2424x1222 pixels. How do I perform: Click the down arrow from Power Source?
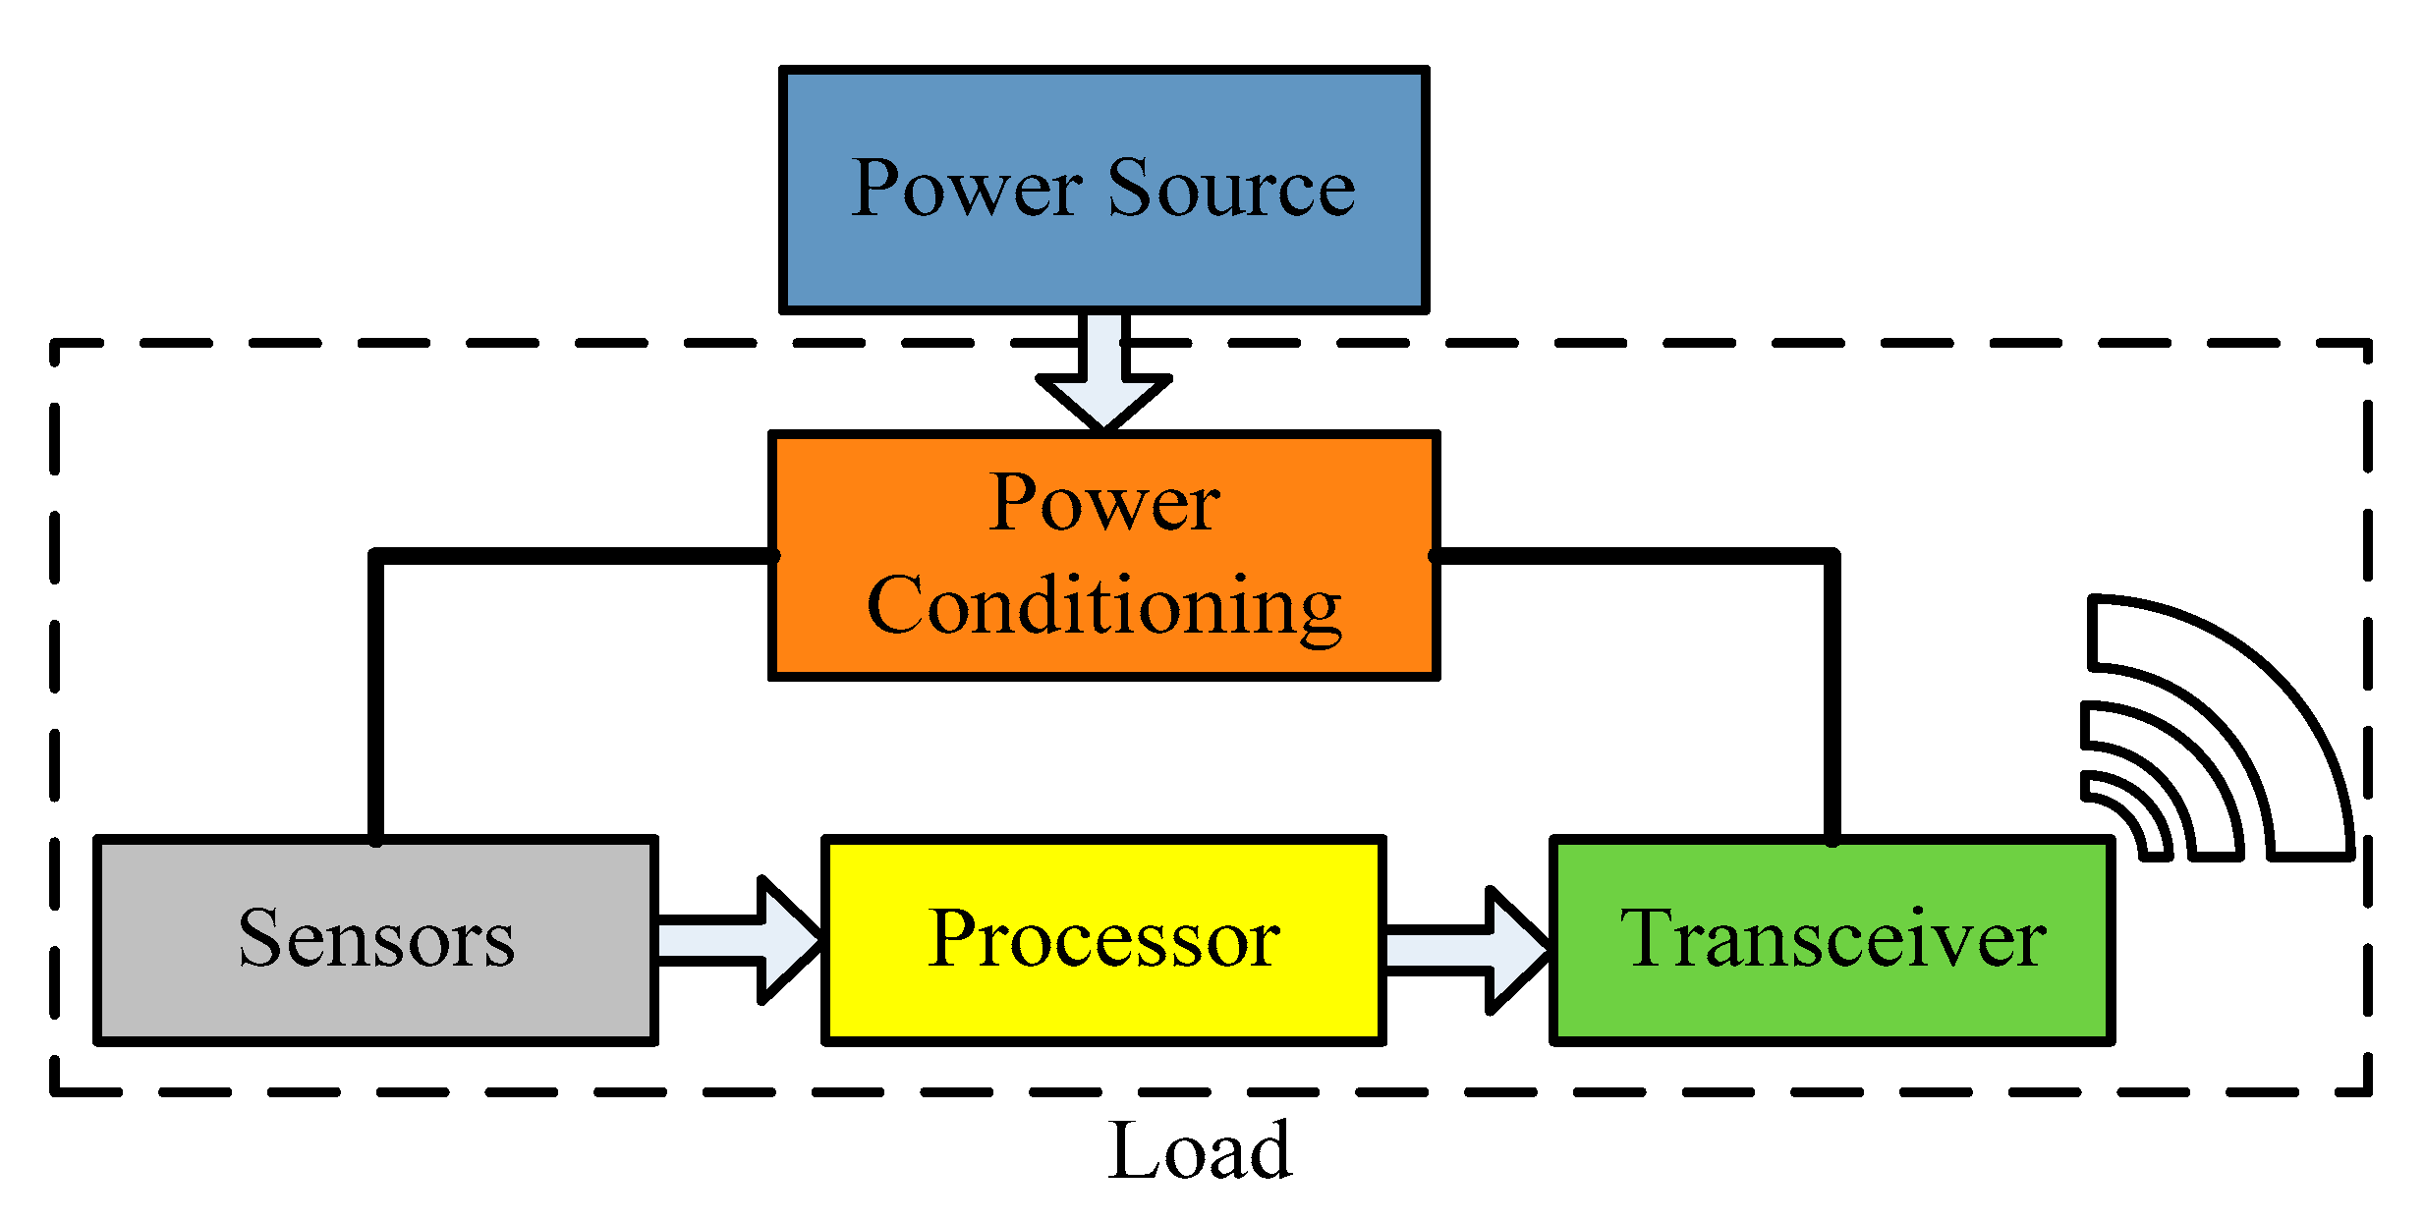tap(1102, 378)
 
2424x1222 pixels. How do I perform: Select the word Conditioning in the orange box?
tap(1102, 607)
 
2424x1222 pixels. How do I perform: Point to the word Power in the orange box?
tap(1102, 503)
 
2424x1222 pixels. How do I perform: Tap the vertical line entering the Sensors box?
tap(375, 697)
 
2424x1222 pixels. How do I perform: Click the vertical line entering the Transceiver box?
tap(1832, 697)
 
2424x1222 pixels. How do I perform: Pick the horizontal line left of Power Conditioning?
tap(570, 556)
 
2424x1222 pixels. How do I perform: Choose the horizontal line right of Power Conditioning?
tap(1631, 556)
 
